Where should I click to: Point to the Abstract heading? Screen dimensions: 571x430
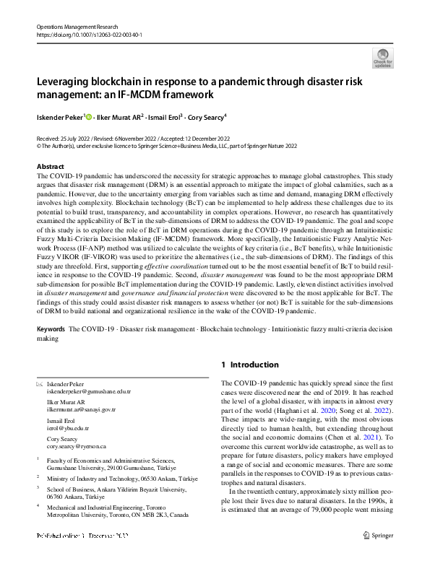click(50, 167)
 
